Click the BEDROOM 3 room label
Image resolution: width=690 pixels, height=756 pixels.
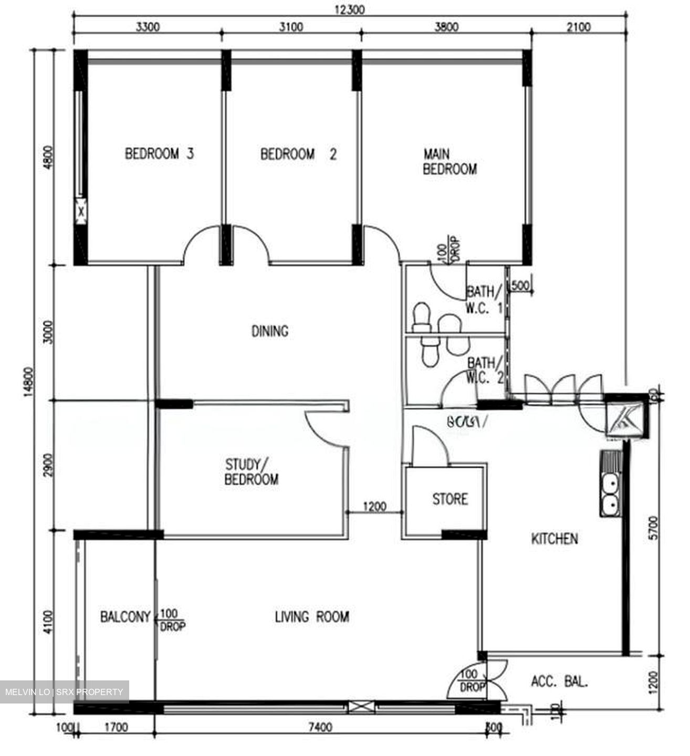[159, 154]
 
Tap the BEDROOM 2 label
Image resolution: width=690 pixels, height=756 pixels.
[298, 154]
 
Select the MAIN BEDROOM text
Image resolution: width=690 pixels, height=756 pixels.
[449, 162]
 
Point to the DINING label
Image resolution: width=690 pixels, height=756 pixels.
[270, 331]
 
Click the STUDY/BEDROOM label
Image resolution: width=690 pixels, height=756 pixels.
[252, 472]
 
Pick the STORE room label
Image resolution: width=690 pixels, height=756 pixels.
[450, 499]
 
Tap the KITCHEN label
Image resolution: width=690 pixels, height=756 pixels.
[555, 539]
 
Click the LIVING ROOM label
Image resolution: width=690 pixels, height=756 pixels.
[312, 616]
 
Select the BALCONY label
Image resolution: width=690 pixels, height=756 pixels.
[125, 616]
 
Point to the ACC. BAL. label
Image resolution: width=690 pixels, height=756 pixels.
[560, 682]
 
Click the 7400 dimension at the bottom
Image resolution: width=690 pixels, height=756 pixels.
[320, 727]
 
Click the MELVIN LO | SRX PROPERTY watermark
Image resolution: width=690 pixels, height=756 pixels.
[64, 692]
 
